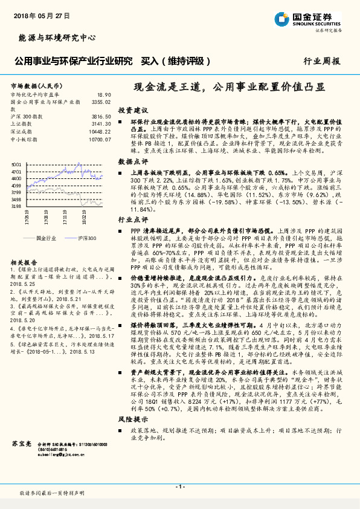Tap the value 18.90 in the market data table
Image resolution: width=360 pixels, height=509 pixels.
104,95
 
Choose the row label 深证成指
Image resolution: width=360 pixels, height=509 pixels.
21,131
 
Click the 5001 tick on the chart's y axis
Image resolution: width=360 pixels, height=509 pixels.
16,165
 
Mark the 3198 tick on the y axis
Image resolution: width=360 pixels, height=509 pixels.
16,206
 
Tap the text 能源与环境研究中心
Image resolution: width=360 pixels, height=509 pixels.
53,38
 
